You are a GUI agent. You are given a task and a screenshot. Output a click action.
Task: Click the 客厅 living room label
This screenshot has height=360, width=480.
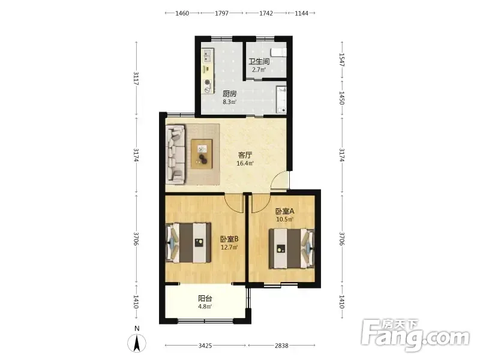(245, 155)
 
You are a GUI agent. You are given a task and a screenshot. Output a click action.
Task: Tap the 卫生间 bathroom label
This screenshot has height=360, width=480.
(259, 62)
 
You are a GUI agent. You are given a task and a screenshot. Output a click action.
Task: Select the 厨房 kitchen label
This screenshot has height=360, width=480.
(230, 94)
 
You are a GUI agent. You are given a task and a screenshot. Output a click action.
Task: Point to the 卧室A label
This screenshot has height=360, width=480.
(284, 211)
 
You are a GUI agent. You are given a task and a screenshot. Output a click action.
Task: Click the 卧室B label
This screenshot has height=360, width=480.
(229, 239)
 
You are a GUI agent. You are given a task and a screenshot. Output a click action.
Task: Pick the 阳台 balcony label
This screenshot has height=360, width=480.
(205, 298)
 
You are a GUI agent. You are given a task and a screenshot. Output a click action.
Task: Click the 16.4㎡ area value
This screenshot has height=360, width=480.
(245, 163)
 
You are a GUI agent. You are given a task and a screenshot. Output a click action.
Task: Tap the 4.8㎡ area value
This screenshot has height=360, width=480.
(205, 307)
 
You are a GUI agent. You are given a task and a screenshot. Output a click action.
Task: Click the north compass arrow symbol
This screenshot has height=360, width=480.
(137, 343)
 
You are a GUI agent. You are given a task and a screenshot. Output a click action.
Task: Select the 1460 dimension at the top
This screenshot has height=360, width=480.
(182, 13)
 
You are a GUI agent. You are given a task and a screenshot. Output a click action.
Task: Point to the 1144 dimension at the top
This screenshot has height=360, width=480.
(302, 13)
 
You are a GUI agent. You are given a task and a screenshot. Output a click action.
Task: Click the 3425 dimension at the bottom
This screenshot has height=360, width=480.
(205, 346)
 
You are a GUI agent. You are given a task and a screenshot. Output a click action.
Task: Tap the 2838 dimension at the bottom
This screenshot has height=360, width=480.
(281, 346)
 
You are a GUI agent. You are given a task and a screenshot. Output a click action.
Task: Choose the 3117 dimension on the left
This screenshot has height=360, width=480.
(136, 79)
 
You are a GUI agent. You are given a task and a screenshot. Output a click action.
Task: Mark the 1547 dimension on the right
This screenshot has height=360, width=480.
(342, 59)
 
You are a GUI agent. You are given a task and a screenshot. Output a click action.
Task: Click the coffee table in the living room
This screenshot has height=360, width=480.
(202, 154)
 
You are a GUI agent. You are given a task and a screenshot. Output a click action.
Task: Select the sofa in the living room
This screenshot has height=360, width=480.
(176, 154)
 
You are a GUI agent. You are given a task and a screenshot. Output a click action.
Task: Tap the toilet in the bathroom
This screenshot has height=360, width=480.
(279, 52)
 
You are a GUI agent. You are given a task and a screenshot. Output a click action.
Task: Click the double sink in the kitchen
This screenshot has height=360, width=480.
(207, 56)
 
